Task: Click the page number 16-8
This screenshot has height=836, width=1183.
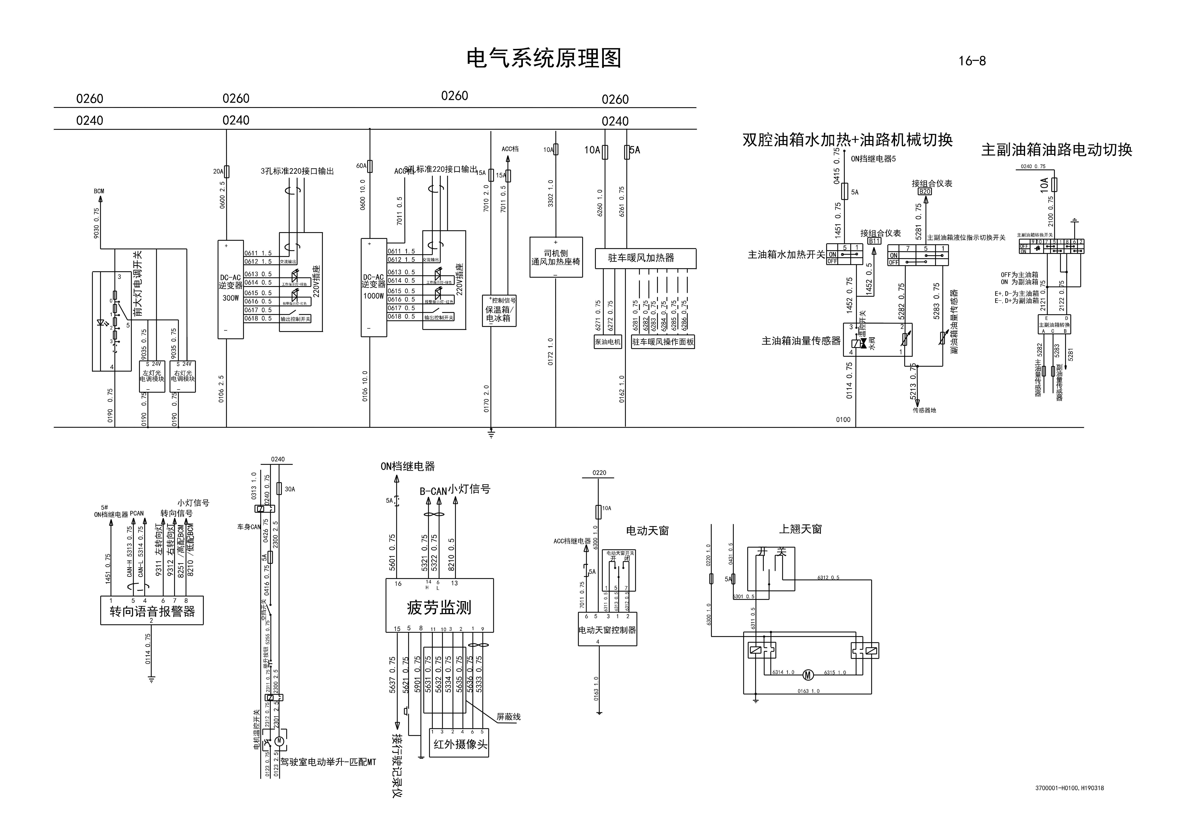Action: pos(972,61)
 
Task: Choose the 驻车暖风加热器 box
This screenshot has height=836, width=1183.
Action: pos(645,258)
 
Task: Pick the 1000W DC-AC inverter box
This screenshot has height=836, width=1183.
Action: pos(373,287)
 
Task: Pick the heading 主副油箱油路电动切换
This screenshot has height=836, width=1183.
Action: pos(1056,150)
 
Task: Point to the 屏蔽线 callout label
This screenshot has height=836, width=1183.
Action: pos(508,716)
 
